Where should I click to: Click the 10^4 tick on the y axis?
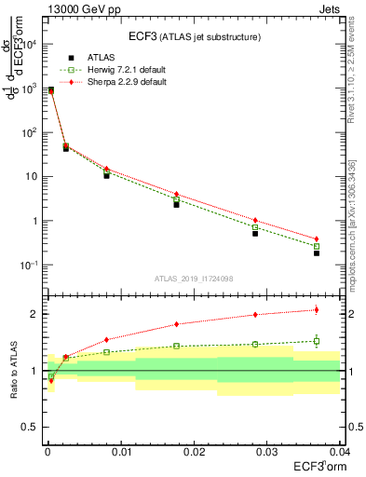(x=33, y=44)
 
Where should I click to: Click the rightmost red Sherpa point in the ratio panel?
(x=317, y=310)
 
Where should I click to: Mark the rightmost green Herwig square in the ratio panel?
(x=317, y=341)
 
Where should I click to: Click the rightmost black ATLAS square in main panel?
(x=317, y=252)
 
